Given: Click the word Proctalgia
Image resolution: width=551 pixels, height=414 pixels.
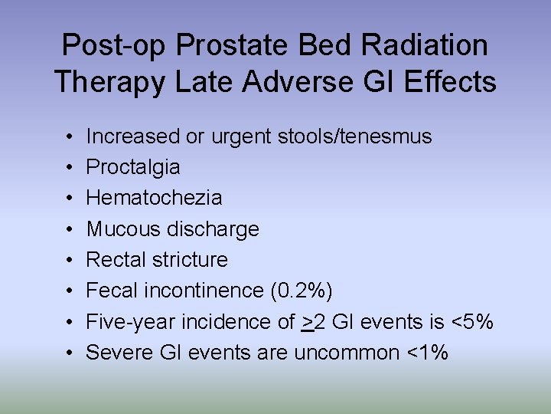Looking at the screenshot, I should pyautogui.click(x=133, y=167).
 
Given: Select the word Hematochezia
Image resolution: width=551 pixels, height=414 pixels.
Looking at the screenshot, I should pyautogui.click(x=154, y=198).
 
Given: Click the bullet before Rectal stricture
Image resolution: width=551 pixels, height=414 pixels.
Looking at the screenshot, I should pyautogui.click(x=69, y=260).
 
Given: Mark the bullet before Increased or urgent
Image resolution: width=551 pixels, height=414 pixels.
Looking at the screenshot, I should pyautogui.click(x=69, y=136).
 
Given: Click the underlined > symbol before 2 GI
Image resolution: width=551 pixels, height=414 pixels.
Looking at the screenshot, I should pyautogui.click(x=308, y=322).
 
